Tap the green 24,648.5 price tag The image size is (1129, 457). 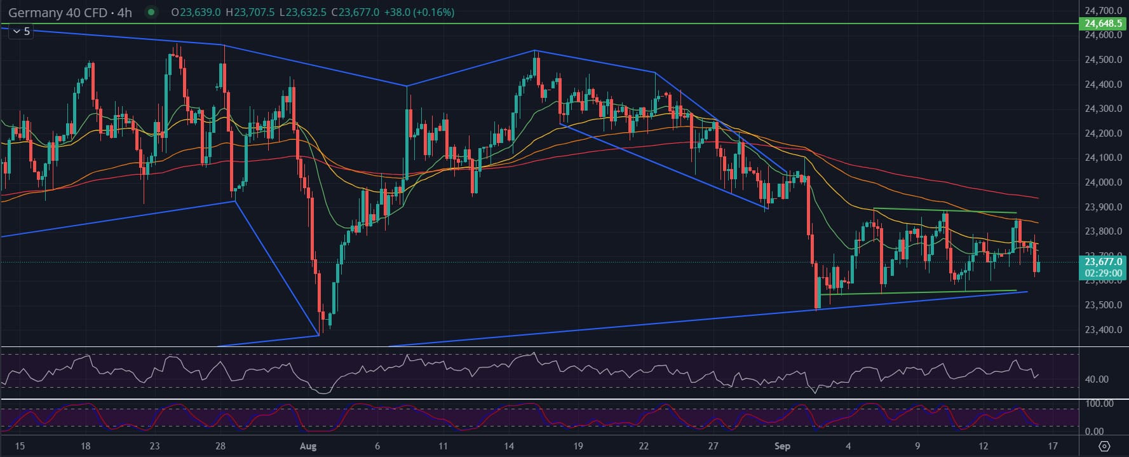tap(1102, 24)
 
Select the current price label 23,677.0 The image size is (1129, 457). tap(1102, 261)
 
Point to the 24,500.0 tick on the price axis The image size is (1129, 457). tap(1102, 60)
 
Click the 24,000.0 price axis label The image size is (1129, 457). tap(1102, 182)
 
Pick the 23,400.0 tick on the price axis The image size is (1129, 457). tap(1102, 330)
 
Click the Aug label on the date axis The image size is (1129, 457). tap(308, 446)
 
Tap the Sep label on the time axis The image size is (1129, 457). tap(782, 446)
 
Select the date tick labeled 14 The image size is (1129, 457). tap(509, 446)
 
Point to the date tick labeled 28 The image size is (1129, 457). tap(220, 446)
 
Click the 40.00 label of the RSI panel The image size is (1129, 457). tap(1097, 379)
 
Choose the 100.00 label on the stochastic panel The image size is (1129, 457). tap(1099, 404)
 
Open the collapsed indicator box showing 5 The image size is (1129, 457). tap(21, 31)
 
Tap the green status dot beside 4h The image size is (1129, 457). tap(151, 12)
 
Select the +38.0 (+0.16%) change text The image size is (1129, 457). tap(419, 13)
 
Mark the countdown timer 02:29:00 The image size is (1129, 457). tap(1102, 273)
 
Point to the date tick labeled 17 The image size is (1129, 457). tap(1053, 446)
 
